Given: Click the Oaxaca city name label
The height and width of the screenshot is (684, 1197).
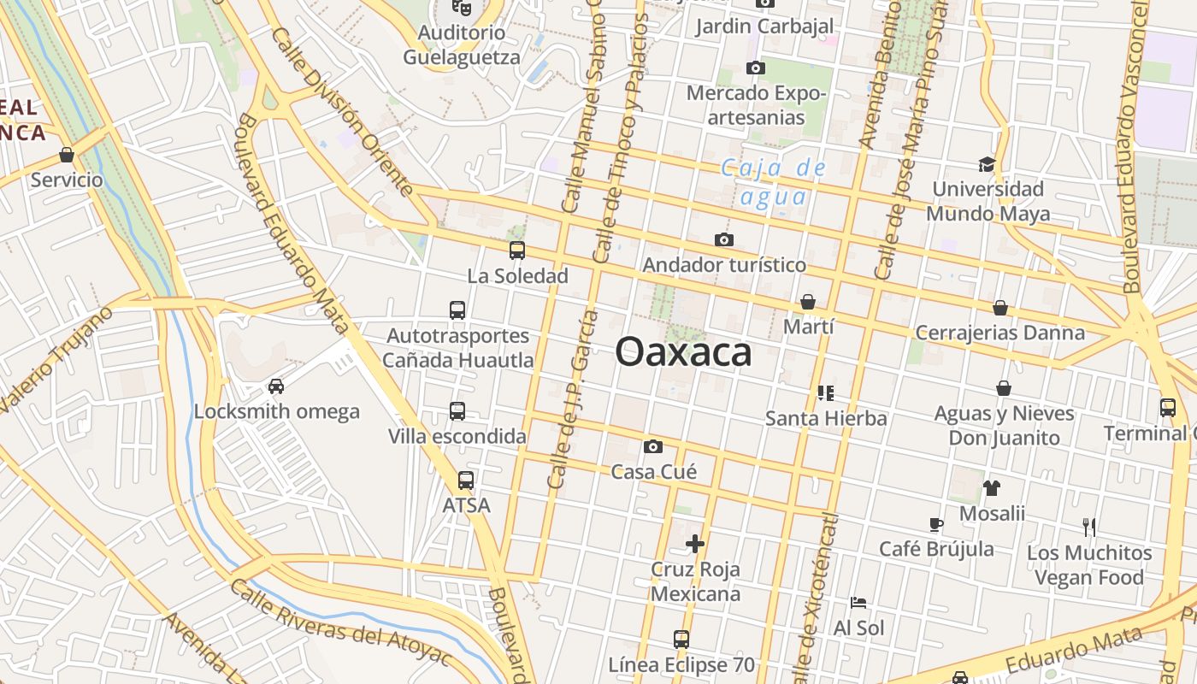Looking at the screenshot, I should click(x=683, y=352).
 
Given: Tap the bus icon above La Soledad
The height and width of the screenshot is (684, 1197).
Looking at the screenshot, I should click(x=516, y=251).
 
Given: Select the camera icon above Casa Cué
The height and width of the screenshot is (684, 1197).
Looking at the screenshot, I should click(x=653, y=446).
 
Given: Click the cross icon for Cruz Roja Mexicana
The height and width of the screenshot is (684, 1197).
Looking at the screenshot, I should click(x=695, y=543).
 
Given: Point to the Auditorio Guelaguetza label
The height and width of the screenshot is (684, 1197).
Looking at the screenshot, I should click(x=461, y=45).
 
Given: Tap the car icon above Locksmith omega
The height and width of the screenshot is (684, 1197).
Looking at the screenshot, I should click(x=275, y=386).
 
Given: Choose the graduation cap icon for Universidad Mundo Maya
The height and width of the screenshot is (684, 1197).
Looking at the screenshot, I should click(x=987, y=164).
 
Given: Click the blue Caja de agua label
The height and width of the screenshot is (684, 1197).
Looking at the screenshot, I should click(x=774, y=182).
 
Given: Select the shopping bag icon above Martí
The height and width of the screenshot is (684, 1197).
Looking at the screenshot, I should click(x=807, y=302).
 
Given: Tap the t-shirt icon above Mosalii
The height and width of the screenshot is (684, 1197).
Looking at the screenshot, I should click(x=991, y=488).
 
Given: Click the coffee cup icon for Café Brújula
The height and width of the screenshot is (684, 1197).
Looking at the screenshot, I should click(x=935, y=524).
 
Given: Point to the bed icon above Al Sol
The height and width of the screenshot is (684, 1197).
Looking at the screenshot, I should click(x=858, y=603).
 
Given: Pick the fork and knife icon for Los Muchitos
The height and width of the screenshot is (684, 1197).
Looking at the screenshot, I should click(x=1088, y=527).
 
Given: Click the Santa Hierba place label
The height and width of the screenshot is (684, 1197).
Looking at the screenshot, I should click(x=826, y=418).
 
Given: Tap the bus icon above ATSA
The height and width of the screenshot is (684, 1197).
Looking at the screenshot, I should click(x=465, y=481).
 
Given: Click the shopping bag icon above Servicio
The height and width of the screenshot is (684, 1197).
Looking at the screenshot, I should click(x=66, y=155).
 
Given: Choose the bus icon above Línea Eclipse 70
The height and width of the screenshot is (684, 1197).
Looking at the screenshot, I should click(x=681, y=639).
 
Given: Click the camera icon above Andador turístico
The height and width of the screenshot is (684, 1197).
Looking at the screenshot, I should click(x=723, y=240).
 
